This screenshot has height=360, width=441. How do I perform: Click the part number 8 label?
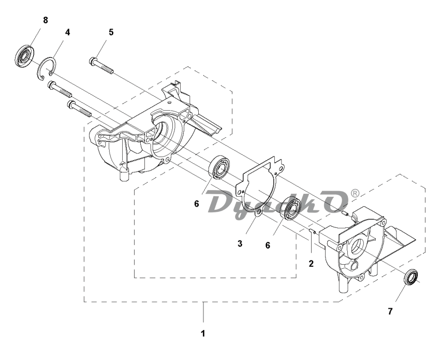pyautogui.click(x=45, y=20)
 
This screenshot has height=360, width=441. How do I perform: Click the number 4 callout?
pyautogui.click(x=67, y=32)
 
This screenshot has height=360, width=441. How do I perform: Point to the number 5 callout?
pyautogui.click(x=111, y=32)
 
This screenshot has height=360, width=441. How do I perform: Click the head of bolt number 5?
pyautogui.click(x=93, y=61)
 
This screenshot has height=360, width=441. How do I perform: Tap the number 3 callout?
pyautogui.click(x=240, y=244)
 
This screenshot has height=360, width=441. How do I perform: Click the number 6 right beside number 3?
pyautogui.click(x=268, y=245)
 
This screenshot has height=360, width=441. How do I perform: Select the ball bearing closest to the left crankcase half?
pyautogui.click(x=219, y=167)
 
